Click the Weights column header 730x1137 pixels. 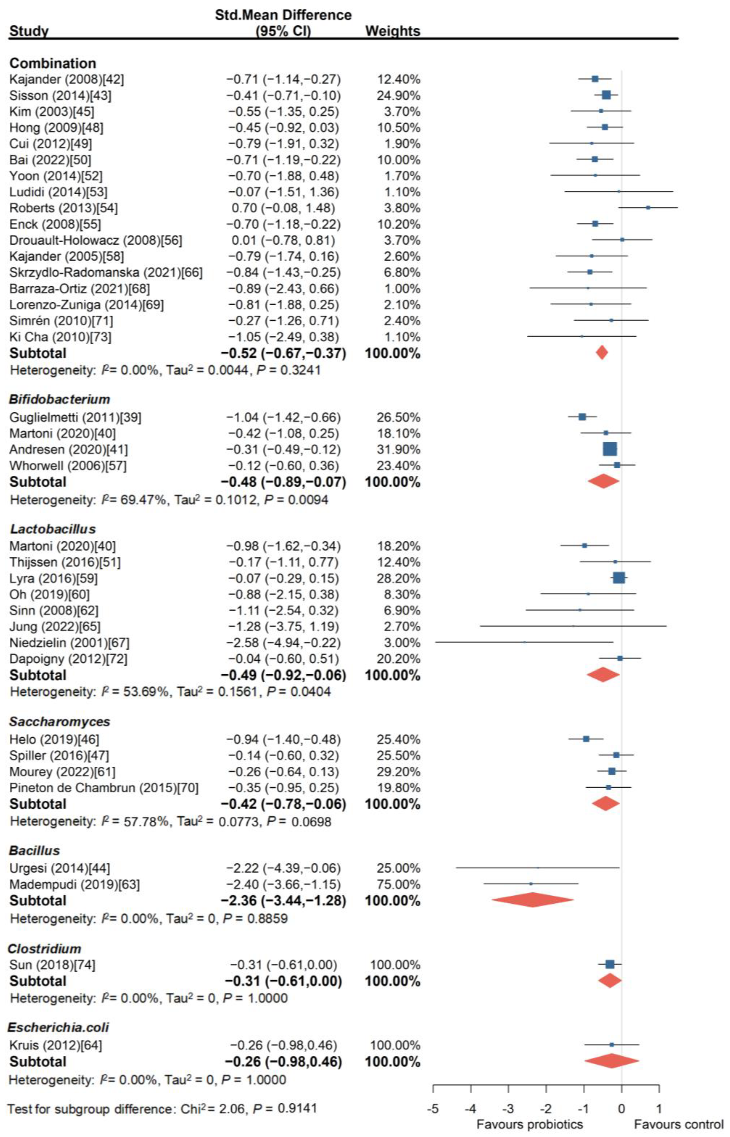pyautogui.click(x=393, y=31)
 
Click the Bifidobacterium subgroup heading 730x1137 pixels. pyautogui.click(x=60, y=399)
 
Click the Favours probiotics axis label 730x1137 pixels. pyautogui.click(x=530, y=1124)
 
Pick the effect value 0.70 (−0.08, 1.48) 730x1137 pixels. pyautogui.click(x=283, y=208)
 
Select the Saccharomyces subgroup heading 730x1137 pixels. pyautogui.click(x=60, y=721)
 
